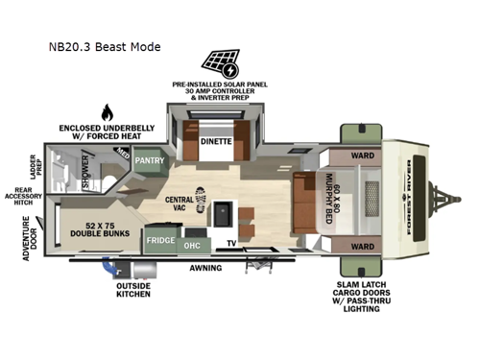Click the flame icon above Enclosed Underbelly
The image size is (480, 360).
(106, 111)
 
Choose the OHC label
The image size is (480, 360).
(191, 244)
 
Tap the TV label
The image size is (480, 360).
(230, 244)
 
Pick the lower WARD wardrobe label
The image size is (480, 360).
(361, 246)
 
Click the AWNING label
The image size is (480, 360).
(204, 269)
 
